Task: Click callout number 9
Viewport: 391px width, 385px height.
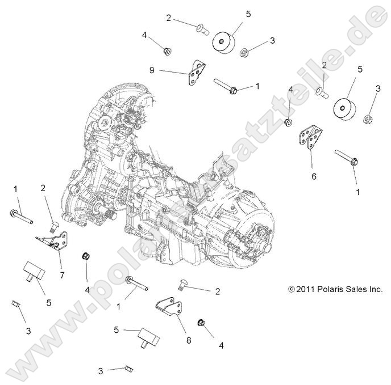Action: [152, 71]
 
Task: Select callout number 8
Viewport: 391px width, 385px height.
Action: [189, 340]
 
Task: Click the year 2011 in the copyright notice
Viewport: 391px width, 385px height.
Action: [307, 289]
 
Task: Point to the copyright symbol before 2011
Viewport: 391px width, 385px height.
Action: [292, 289]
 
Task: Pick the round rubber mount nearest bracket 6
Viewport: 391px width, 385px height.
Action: [346, 108]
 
